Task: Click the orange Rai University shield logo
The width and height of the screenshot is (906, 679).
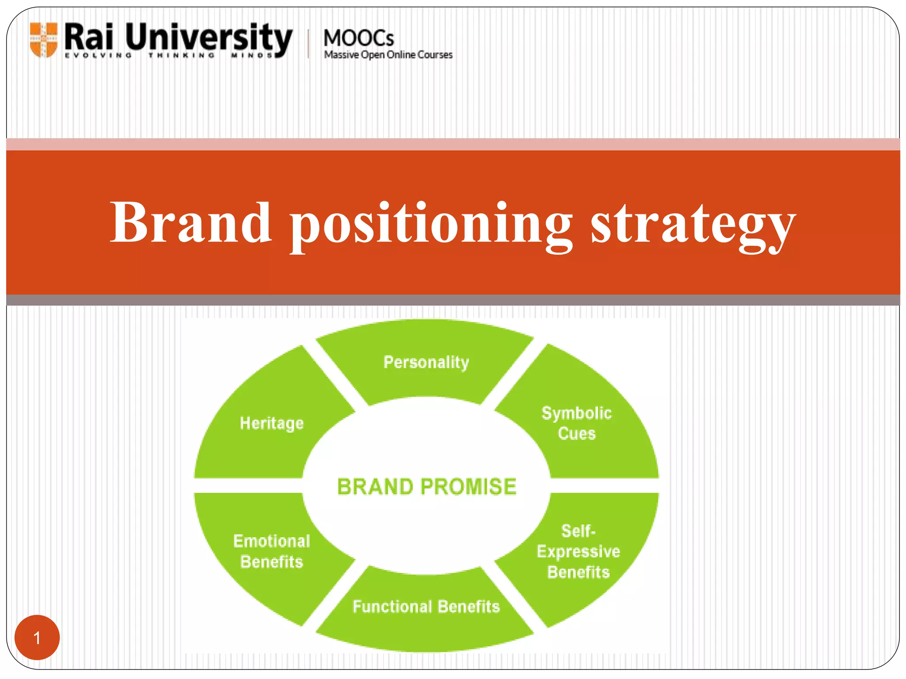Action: coord(43,39)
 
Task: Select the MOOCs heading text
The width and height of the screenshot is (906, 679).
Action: coord(358,38)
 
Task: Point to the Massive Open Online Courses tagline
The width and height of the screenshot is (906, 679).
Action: coord(388,55)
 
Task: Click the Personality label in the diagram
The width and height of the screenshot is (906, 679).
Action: coord(426,362)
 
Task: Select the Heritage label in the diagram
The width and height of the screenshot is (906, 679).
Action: coord(272,423)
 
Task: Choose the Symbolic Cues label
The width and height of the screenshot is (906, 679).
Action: coord(576,423)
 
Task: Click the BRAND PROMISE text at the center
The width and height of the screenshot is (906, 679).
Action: coord(426,487)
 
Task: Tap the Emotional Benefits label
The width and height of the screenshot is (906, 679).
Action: coord(272,551)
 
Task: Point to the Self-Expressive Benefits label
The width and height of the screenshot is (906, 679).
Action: coord(578,551)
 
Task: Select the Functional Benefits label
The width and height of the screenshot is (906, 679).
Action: coord(426,607)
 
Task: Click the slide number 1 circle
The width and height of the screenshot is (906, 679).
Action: coord(37,638)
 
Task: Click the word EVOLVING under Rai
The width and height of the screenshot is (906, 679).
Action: coord(98,56)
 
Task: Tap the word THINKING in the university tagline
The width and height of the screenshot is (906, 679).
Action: coord(181,56)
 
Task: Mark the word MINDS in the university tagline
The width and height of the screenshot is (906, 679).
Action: coord(252,56)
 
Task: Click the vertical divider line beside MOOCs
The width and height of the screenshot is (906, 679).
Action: coord(308,43)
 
